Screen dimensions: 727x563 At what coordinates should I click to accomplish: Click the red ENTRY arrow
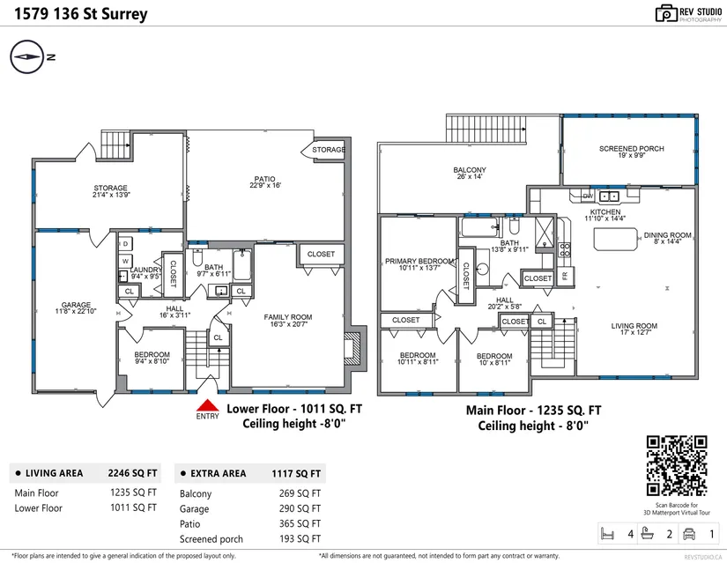click(207, 405)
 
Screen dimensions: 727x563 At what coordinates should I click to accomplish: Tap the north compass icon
click(27, 57)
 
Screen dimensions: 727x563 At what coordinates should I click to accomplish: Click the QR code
click(677, 466)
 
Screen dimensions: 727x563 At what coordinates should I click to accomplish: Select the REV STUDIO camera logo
click(666, 13)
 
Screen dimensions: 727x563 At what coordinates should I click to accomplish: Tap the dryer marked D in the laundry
click(125, 244)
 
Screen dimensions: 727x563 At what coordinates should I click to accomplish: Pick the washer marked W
click(125, 261)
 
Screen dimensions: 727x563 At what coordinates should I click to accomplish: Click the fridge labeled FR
click(565, 276)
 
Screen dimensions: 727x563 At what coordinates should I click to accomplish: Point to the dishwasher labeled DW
click(588, 196)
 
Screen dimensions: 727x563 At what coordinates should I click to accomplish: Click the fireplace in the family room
click(355, 348)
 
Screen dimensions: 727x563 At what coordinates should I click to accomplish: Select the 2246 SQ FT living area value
click(132, 473)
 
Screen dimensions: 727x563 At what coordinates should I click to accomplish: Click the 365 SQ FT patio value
click(300, 523)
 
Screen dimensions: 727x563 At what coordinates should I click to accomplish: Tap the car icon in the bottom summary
click(689, 534)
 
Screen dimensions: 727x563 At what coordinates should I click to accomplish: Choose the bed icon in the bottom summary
click(607, 534)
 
